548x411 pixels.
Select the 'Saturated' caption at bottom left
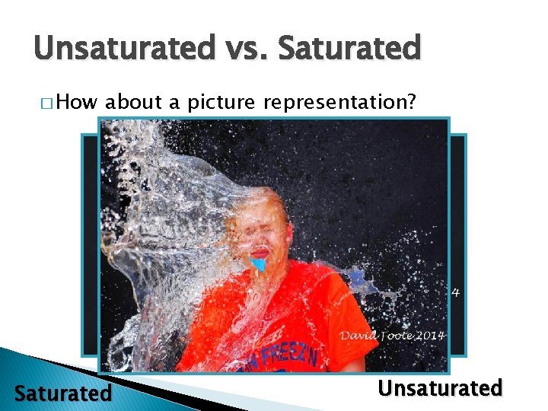point(63,393)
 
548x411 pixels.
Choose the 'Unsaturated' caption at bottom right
point(441,388)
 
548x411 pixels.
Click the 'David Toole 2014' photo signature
point(392,335)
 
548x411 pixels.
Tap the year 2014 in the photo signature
point(429,335)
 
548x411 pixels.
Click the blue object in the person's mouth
point(259,264)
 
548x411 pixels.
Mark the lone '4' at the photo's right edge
point(455,291)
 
